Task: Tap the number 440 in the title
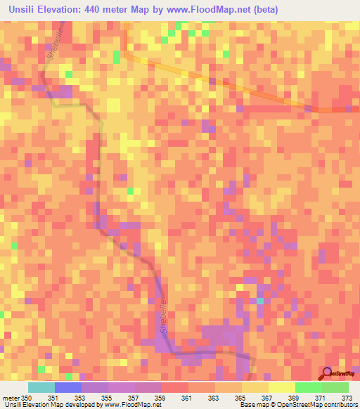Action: (x=107, y=10)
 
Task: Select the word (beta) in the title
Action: (x=266, y=10)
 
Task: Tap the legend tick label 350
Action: (x=26, y=398)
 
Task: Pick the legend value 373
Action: (x=348, y=398)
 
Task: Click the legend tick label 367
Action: (x=268, y=398)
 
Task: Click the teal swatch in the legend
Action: (x=41, y=387)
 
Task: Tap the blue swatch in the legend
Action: (x=68, y=387)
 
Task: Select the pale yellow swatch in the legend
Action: (x=282, y=387)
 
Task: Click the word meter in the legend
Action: (x=11, y=398)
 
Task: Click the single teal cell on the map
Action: (x=259, y=301)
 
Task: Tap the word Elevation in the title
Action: (x=67, y=10)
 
